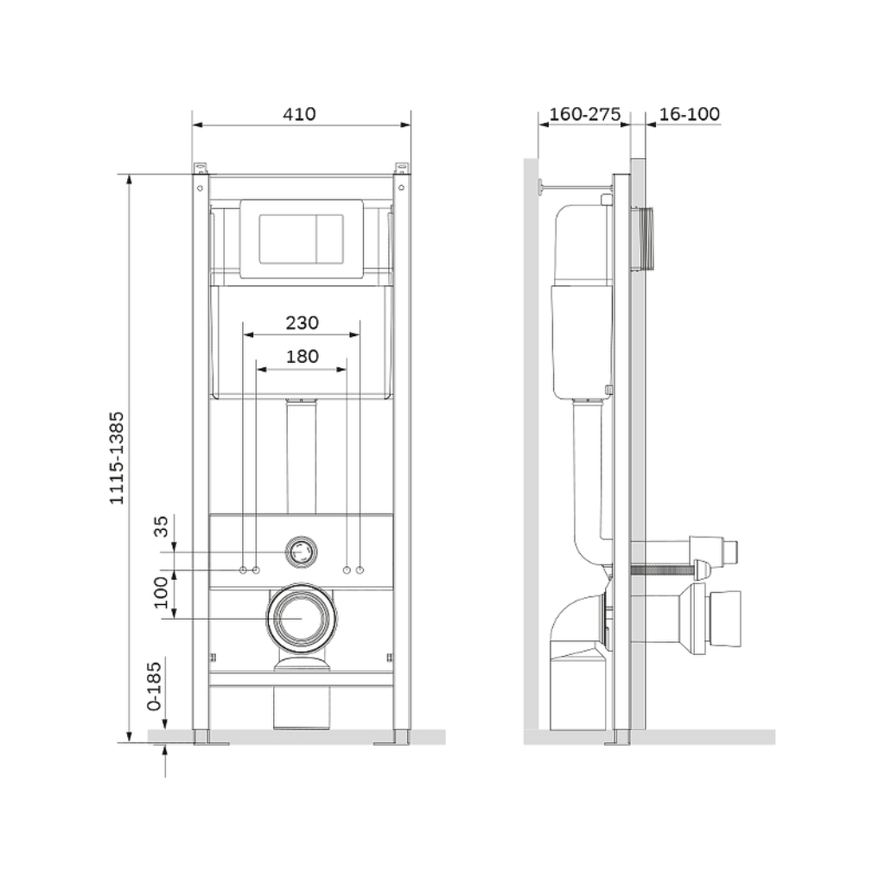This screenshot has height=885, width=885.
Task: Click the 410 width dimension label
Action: (x=299, y=114)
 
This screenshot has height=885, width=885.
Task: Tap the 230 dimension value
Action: (x=302, y=323)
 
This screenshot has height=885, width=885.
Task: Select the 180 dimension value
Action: (x=302, y=357)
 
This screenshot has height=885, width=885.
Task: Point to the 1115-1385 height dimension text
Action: (x=117, y=458)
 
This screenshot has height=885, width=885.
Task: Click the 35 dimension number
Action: (x=162, y=526)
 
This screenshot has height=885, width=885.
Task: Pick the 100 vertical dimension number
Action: (x=162, y=593)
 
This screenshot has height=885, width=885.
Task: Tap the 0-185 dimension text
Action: (x=154, y=686)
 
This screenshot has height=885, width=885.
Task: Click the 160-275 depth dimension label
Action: (x=585, y=114)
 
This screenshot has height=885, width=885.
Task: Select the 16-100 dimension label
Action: (x=689, y=114)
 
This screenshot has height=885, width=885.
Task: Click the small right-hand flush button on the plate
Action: (x=329, y=239)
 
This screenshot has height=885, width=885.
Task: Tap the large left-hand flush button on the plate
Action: (x=288, y=239)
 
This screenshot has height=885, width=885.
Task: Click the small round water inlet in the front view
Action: (x=301, y=551)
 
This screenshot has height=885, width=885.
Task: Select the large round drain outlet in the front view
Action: (x=302, y=618)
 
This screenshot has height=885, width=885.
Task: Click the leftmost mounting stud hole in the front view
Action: (x=243, y=570)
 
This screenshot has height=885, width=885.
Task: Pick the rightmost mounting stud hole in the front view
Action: (x=360, y=570)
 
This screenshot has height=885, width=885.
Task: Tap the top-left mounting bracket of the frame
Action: (x=201, y=169)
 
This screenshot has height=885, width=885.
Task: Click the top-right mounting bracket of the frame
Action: (x=401, y=169)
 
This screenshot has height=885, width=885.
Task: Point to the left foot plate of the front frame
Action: (x=211, y=743)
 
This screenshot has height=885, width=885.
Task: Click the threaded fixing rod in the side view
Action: (x=662, y=570)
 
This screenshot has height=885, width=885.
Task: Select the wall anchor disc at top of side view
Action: (x=540, y=187)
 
